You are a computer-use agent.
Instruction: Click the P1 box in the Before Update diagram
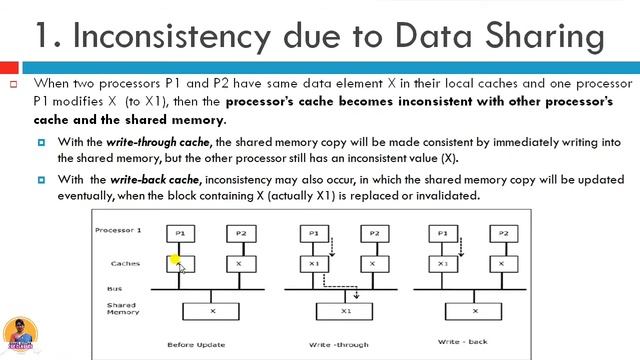click(x=180, y=233)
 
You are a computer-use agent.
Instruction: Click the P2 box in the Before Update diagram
click(x=239, y=233)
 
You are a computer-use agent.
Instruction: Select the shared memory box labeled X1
click(x=346, y=311)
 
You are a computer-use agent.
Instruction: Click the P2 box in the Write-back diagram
click(x=503, y=233)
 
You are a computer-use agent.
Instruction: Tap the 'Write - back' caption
click(x=461, y=342)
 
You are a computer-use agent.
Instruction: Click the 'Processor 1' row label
click(x=119, y=230)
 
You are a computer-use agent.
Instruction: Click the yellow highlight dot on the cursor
click(x=175, y=261)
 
